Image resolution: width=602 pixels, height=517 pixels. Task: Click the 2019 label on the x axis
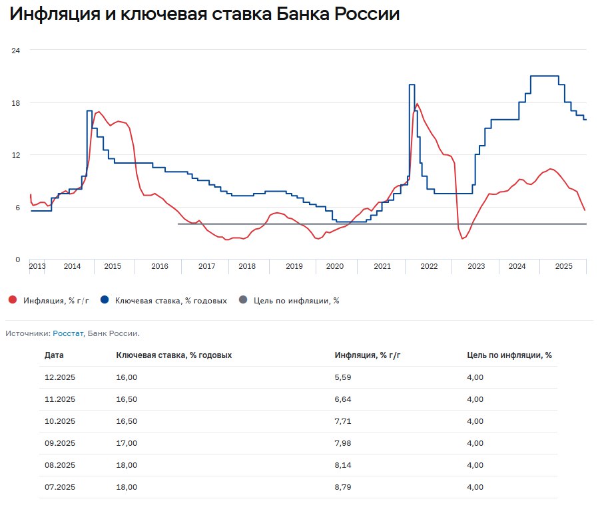(294, 266)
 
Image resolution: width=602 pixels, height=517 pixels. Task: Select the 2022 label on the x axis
(428, 266)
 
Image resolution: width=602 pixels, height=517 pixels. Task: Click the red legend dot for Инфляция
(13, 300)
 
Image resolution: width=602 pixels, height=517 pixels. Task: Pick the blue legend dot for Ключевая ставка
(105, 300)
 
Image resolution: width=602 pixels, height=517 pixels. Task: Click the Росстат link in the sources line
(68, 333)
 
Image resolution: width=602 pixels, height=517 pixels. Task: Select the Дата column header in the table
(54, 355)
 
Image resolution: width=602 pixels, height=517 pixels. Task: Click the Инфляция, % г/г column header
(368, 355)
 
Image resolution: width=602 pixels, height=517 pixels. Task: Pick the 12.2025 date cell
(60, 377)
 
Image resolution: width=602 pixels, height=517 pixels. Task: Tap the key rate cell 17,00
(127, 443)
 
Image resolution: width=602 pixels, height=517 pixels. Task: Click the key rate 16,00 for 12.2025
(127, 377)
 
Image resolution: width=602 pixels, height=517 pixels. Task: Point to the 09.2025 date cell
(60, 443)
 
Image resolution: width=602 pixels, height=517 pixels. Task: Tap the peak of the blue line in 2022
(412, 85)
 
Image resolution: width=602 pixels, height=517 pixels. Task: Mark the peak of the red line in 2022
(418, 104)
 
